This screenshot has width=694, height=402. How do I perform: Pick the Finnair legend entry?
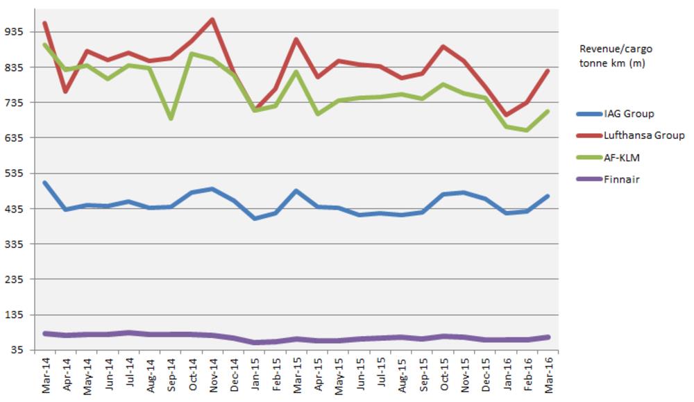coord(622,179)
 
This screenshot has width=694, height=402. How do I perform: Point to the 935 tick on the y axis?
coord(15,32)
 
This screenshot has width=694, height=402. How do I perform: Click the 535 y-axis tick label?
coord(15,174)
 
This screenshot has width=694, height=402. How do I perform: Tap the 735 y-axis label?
coord(15,103)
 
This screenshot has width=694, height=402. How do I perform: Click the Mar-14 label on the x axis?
coord(46,376)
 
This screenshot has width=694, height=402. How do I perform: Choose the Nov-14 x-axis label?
coord(214,376)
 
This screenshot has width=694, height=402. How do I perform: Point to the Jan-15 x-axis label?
coord(255,376)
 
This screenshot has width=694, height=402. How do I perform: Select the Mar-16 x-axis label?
coord(548,376)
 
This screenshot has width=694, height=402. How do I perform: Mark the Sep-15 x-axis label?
coord(423,376)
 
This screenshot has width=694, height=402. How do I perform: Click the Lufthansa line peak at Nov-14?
coord(212,19)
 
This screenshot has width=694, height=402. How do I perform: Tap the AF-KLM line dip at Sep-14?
coord(171,119)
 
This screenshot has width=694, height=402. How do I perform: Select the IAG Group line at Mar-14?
coord(45,183)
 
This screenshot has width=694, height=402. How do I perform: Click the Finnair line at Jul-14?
coord(129,333)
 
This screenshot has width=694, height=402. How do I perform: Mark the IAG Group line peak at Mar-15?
coord(297,191)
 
